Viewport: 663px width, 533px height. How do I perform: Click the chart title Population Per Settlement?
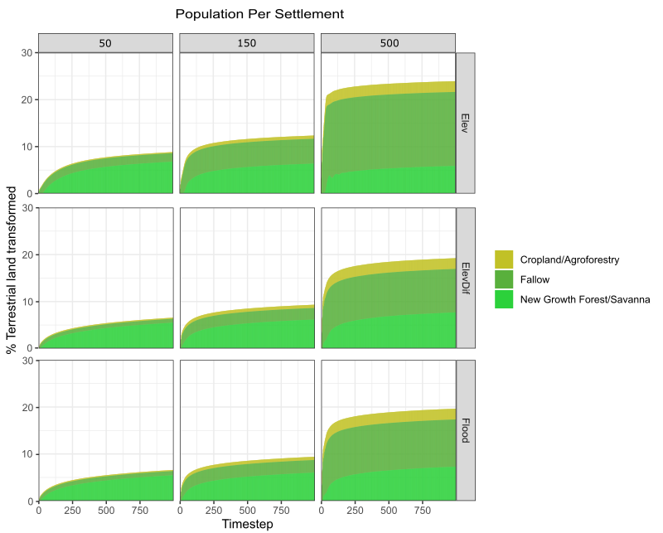coord(259,14)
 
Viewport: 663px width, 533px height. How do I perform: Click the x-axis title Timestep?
coord(247,524)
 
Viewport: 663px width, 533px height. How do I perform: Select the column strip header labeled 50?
coord(105,42)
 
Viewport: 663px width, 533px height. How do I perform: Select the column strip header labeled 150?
coord(247,42)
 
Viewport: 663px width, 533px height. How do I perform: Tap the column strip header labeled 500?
coord(388,42)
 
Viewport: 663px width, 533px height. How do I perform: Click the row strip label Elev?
coord(465,123)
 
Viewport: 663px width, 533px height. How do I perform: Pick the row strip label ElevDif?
coord(465,278)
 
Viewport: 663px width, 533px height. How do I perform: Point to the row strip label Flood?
coord(465,431)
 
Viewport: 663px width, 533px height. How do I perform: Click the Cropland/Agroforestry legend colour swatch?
coord(504,259)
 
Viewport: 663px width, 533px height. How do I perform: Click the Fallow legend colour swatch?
coord(504,279)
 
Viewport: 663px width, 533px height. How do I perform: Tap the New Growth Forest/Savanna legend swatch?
coord(504,299)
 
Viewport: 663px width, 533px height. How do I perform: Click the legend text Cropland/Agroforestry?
coord(569,259)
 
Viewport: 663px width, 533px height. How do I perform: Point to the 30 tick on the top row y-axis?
coord(27,53)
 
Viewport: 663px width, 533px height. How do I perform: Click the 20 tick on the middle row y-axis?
coord(27,254)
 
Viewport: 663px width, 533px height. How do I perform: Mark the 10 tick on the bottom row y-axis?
coord(27,454)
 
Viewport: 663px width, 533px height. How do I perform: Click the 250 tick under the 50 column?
coord(72,511)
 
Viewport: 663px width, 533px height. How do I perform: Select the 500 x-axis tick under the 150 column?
coord(247,511)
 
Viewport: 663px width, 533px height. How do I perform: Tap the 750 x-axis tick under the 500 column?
coord(422,511)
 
